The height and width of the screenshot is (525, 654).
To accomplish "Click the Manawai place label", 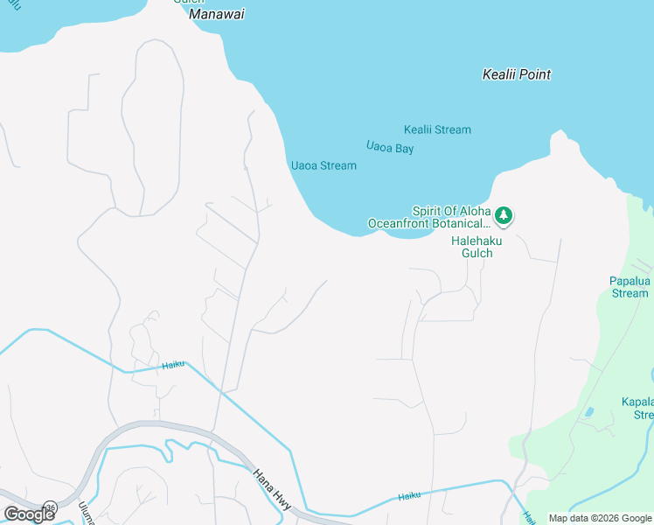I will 217,15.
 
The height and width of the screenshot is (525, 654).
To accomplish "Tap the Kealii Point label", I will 517,75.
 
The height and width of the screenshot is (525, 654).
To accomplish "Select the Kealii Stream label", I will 437,129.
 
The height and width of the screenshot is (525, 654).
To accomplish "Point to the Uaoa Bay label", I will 390,149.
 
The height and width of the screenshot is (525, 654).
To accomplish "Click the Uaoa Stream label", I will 324,165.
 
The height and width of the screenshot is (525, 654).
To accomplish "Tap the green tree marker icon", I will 504,214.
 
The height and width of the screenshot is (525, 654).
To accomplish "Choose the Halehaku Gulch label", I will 472,247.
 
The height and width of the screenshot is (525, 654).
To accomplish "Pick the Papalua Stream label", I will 630,287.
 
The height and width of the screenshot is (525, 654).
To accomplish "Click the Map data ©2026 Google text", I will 600,518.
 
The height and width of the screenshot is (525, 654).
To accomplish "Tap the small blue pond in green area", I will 588,411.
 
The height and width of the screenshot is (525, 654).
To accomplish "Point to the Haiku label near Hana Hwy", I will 409,496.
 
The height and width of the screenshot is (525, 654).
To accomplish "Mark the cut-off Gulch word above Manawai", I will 188,2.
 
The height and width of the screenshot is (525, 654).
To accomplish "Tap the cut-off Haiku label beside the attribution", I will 529,517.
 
